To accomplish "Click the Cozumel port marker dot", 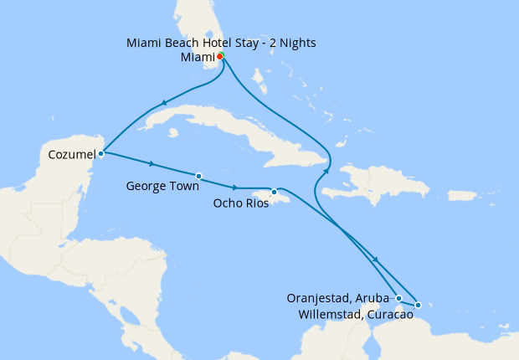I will [x=100, y=153].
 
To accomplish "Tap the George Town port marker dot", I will [x=198, y=176].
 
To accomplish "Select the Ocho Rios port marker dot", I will [x=274, y=192].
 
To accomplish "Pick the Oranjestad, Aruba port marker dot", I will [x=399, y=298].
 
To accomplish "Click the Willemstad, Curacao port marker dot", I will [x=418, y=305].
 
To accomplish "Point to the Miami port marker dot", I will [x=220, y=57].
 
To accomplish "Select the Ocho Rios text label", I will [x=241, y=203].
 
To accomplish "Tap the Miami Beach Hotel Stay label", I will [x=221, y=42].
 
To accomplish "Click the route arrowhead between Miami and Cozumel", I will [x=164, y=104].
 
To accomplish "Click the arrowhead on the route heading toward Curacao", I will [x=376, y=260].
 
